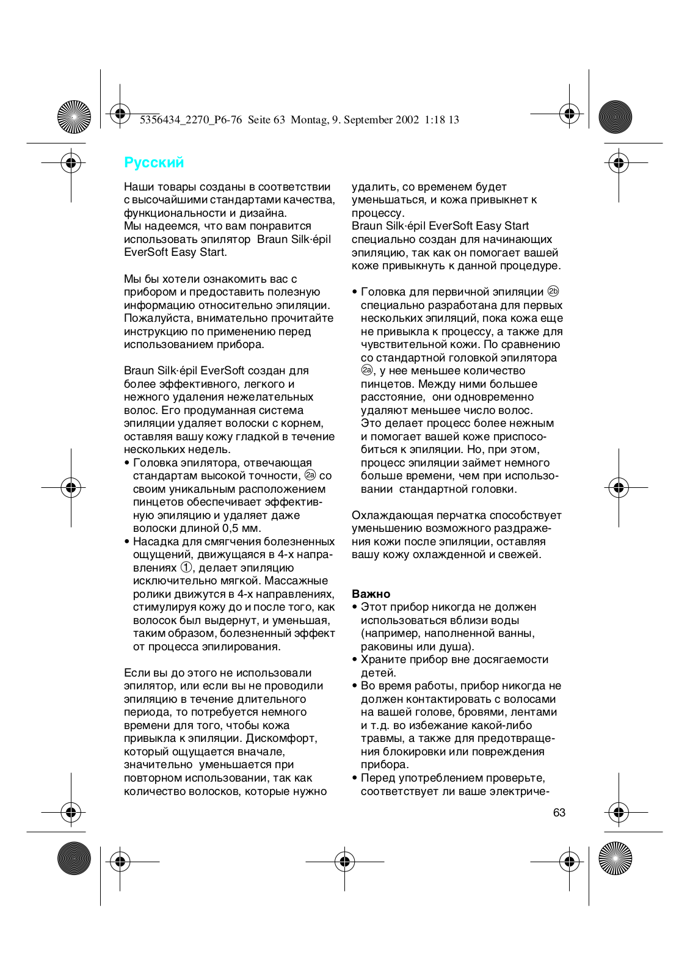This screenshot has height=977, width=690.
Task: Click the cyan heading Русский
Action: (154, 162)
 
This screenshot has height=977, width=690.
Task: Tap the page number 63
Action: (559, 813)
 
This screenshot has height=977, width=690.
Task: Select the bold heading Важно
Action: (371, 594)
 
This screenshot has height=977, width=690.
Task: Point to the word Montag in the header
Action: (308, 120)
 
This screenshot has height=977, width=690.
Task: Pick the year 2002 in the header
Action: (407, 120)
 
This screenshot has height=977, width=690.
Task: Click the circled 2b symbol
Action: (553, 291)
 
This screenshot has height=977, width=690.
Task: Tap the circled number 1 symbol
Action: (186, 567)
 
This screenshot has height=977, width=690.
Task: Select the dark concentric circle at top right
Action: (615, 117)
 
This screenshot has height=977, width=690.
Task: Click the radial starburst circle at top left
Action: (74, 117)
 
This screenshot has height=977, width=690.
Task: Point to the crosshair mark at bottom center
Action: (344, 862)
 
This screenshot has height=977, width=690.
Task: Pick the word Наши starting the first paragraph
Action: (137, 187)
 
